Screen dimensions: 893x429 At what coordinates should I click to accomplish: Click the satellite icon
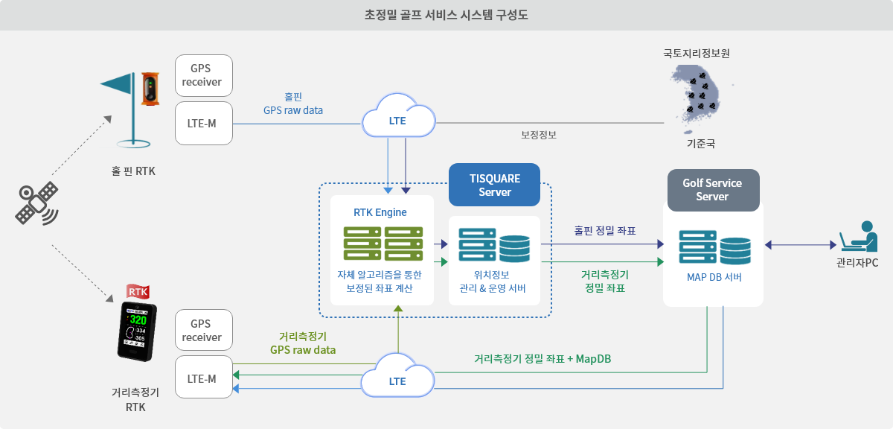coord(36,203)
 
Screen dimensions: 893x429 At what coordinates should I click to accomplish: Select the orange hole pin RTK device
coord(150,89)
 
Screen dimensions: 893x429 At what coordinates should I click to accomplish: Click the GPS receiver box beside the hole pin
coord(204,75)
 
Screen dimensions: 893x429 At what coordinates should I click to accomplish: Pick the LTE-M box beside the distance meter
coord(204,377)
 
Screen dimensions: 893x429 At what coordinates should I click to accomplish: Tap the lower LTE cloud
coord(397,376)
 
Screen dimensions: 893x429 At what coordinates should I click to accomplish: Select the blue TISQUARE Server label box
coord(494,185)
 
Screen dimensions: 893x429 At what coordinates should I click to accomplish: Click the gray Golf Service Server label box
coord(713,190)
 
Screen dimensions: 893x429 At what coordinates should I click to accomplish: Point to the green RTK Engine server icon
coord(383,244)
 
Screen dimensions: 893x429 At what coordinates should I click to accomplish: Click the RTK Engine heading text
coord(380,212)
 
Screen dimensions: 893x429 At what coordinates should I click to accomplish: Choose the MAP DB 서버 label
coord(714,277)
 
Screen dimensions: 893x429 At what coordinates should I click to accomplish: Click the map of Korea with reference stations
coord(695,98)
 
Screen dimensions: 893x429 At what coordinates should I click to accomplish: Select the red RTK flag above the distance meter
coord(138,292)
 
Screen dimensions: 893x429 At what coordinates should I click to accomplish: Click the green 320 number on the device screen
coord(138,320)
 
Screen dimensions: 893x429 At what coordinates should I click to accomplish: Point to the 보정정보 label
coord(539,135)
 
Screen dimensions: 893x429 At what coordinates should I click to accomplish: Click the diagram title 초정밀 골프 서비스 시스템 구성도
coord(446,15)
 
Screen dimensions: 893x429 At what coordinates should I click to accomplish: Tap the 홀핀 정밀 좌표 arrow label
coord(605,231)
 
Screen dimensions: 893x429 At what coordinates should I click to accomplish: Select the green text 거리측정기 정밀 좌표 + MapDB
coord(542,359)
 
